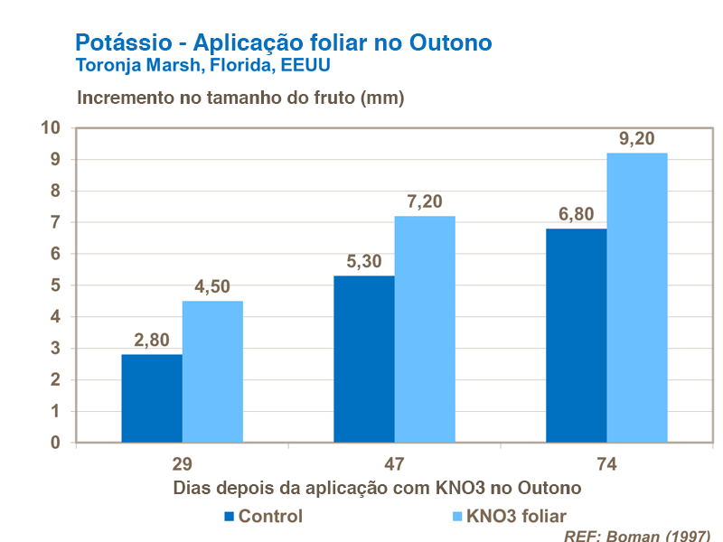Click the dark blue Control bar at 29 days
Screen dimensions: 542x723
tap(152, 398)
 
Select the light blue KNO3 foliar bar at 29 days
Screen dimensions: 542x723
tap(212, 371)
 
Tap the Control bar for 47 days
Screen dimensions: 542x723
tap(364, 359)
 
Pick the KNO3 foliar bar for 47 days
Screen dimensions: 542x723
tap(425, 329)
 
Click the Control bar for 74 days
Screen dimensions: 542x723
tap(577, 335)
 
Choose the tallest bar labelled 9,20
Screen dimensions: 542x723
tap(637, 297)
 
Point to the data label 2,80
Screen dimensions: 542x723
tap(152, 341)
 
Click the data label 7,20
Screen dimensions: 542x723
tap(425, 201)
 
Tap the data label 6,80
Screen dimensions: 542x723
tap(576, 214)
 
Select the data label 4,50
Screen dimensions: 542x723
tap(212, 286)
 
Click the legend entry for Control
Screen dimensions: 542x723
tap(262, 517)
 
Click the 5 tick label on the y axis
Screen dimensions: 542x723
tap(55, 285)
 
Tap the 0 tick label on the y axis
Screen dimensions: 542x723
tap(55, 443)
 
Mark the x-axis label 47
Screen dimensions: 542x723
tap(394, 465)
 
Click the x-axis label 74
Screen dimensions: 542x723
tap(606, 465)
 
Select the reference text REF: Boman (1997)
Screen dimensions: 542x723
tap(636, 535)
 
